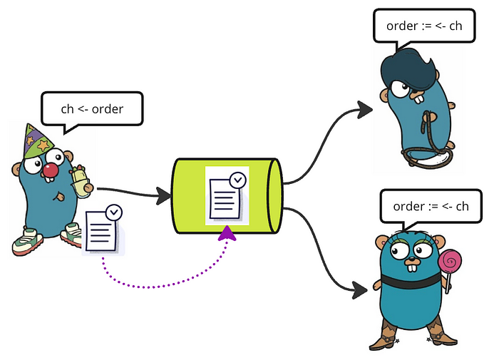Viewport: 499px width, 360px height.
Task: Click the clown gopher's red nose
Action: pyautogui.click(x=51, y=170)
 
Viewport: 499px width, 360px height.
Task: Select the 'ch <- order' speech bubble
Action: pyautogui.click(x=92, y=110)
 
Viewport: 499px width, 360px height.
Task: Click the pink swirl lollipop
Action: pyautogui.click(x=449, y=262)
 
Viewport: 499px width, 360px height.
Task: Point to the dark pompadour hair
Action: pyautogui.click(x=408, y=68)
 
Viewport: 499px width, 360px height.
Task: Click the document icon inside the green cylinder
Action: pyautogui.click(x=227, y=195)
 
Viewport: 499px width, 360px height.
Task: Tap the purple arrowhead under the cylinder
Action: pyautogui.click(x=227, y=233)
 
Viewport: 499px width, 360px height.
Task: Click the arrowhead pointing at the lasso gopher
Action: pyautogui.click(x=364, y=110)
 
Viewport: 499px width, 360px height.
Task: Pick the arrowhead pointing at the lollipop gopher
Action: pyautogui.click(x=360, y=290)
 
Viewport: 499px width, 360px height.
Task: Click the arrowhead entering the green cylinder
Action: pyautogui.click(x=164, y=196)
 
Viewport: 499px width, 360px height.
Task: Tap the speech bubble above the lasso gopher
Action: pyautogui.click(x=424, y=27)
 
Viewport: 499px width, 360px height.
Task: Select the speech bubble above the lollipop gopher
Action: pyautogui.click(x=431, y=207)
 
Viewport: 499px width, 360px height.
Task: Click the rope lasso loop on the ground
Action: pyautogui.click(x=426, y=157)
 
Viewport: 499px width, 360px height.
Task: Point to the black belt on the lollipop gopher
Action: pyautogui.click(x=411, y=281)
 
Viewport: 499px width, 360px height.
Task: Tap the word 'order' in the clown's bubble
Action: pyautogui.click(x=107, y=109)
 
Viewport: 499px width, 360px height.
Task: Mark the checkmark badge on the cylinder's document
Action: pyautogui.click(x=238, y=180)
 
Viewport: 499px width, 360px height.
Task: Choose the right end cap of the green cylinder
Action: pyautogui.click(x=274, y=195)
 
